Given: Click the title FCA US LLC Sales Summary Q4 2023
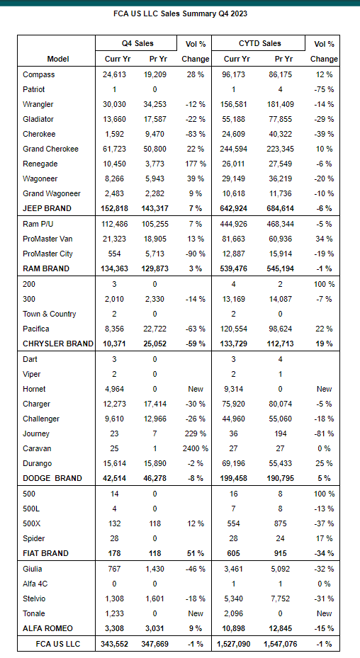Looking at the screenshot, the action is click(180, 13).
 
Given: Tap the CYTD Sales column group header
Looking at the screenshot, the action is click(259, 43).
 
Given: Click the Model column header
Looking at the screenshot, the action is click(58, 59).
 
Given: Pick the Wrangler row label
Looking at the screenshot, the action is click(38, 104).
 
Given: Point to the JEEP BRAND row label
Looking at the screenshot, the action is click(47, 208).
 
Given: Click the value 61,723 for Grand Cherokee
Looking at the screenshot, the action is click(114, 149).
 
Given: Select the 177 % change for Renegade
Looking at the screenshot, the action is click(194, 164).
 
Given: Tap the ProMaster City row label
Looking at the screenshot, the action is click(48, 254).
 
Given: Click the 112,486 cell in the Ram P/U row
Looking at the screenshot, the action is click(114, 224).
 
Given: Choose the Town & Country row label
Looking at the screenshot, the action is click(49, 314).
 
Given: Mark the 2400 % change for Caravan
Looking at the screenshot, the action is click(196, 448).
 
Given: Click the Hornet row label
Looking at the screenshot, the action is click(35, 389).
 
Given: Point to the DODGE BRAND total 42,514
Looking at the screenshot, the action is click(114, 478).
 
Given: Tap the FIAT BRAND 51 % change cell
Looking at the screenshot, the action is click(196, 553).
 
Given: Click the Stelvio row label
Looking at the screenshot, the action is click(35, 599).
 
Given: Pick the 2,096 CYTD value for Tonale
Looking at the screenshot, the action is click(234, 613).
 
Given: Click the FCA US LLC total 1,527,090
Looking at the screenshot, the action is click(234, 643).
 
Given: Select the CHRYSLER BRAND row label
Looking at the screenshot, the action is click(58, 344).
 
